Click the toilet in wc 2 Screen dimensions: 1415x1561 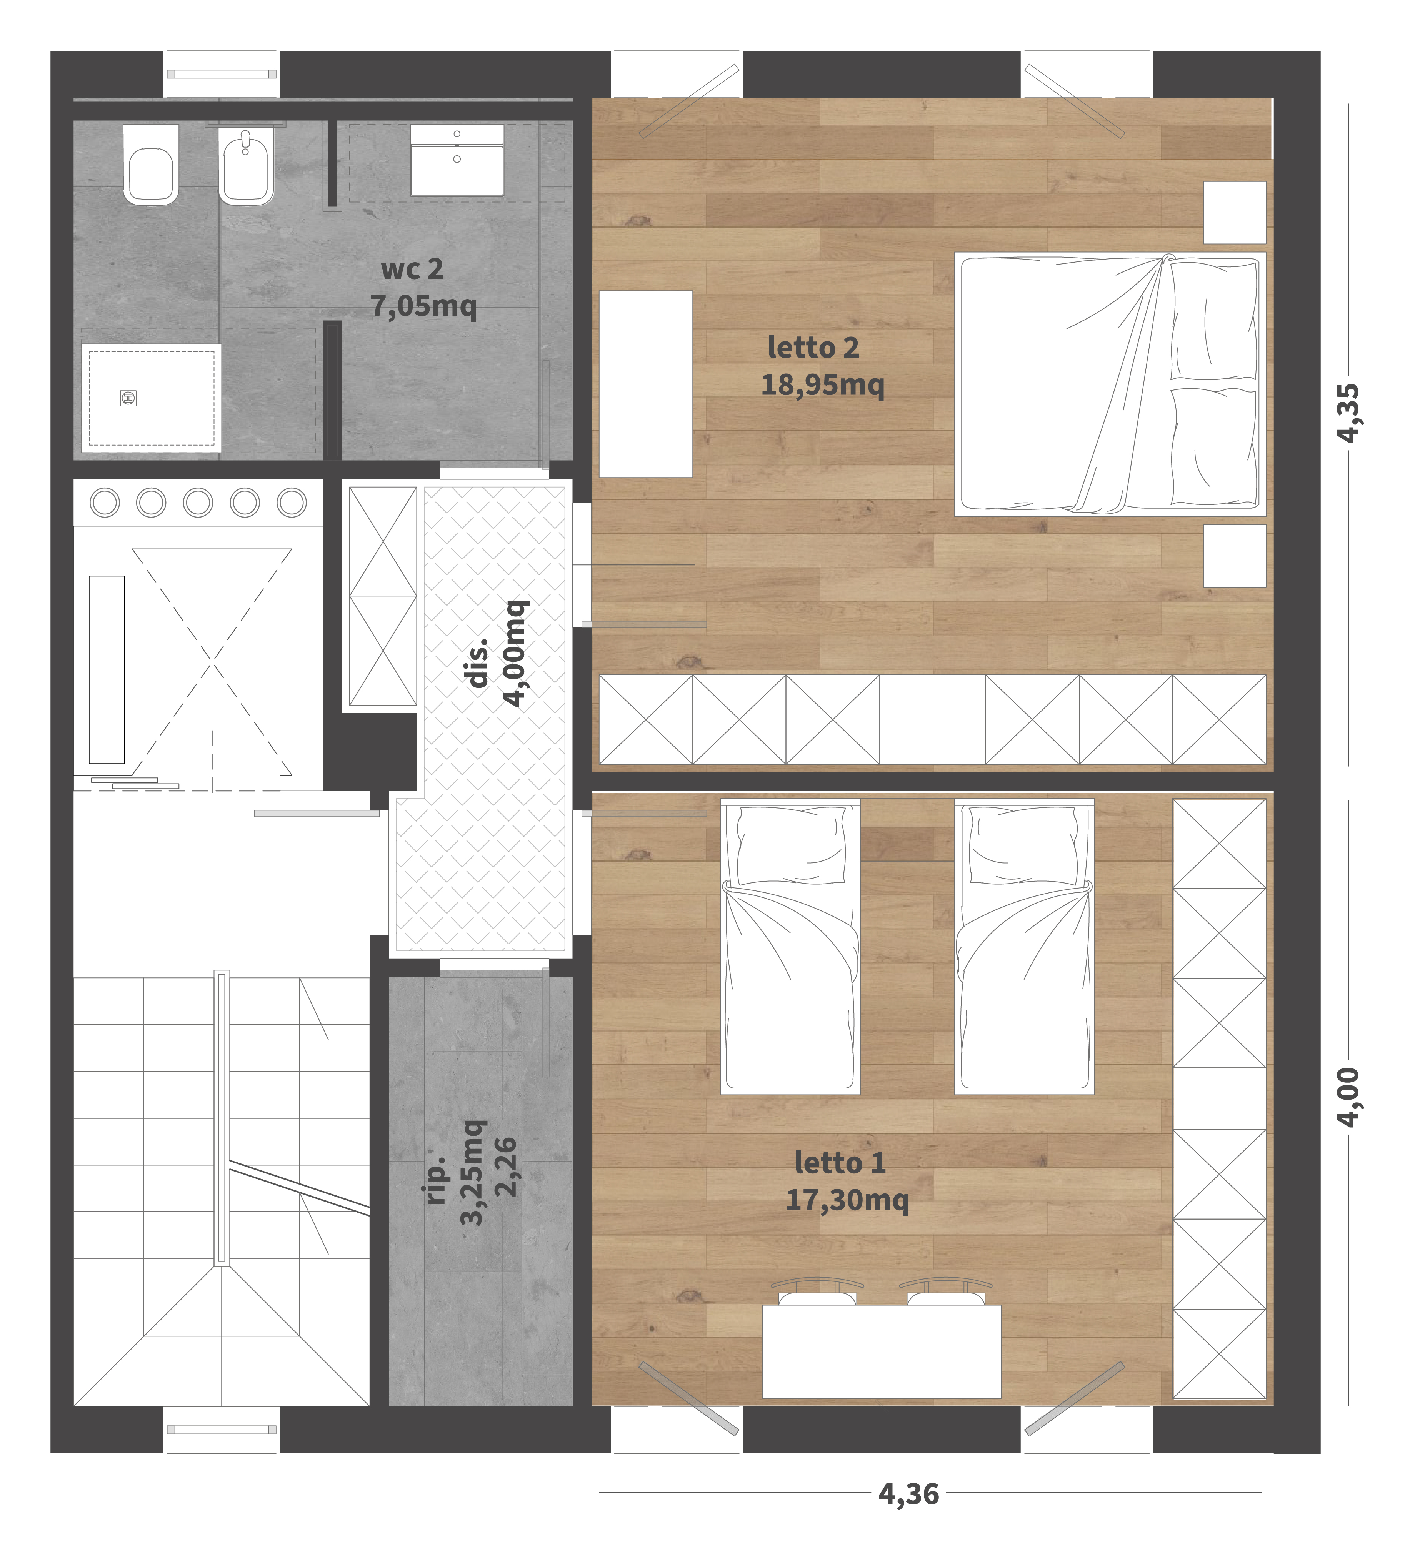pos(151,164)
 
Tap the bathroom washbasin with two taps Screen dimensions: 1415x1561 pos(457,160)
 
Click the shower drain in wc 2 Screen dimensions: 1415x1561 pos(128,398)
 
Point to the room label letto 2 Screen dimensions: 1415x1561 pos(813,348)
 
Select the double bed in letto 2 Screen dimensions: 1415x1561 pos(1110,384)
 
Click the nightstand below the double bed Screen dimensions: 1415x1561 pos(1235,556)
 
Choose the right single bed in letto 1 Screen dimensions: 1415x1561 pos(1024,946)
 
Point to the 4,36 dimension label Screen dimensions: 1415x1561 pos(908,1494)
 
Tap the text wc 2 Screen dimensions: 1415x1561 pos(412,269)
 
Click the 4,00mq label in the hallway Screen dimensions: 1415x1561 pos(515,653)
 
